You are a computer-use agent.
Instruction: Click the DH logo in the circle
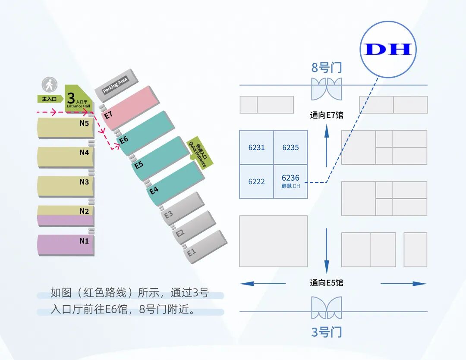tap(388, 49)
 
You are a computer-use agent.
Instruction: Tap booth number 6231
tap(256, 147)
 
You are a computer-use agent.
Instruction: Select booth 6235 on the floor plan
tap(290, 147)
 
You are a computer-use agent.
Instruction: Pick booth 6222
tap(256, 182)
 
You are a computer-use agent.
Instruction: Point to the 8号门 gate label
tap(326, 68)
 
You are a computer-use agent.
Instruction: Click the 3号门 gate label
tap(326, 332)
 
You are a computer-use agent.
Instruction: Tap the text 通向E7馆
tap(326, 116)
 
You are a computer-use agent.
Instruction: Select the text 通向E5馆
tap(326, 283)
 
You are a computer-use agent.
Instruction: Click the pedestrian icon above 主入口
tap(50, 85)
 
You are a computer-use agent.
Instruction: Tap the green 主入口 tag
tap(47, 99)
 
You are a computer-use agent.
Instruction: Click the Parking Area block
tap(115, 85)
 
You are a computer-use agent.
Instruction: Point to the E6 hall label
tap(124, 140)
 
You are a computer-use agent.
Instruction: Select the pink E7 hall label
tap(108, 115)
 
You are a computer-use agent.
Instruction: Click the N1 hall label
tap(84, 241)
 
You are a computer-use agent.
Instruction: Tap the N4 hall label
tap(84, 152)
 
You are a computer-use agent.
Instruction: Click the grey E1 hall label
tap(191, 253)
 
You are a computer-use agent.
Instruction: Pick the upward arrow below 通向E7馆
tap(327, 144)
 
